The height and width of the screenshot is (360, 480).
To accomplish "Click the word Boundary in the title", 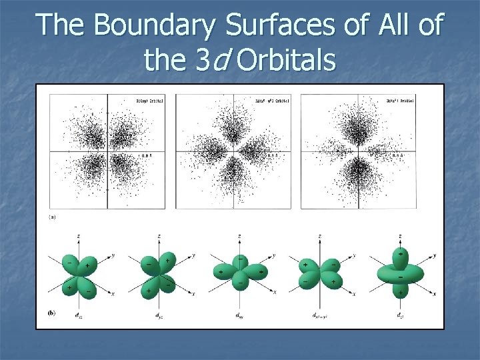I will [155, 26].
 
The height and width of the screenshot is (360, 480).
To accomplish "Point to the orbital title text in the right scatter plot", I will [400, 101].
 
